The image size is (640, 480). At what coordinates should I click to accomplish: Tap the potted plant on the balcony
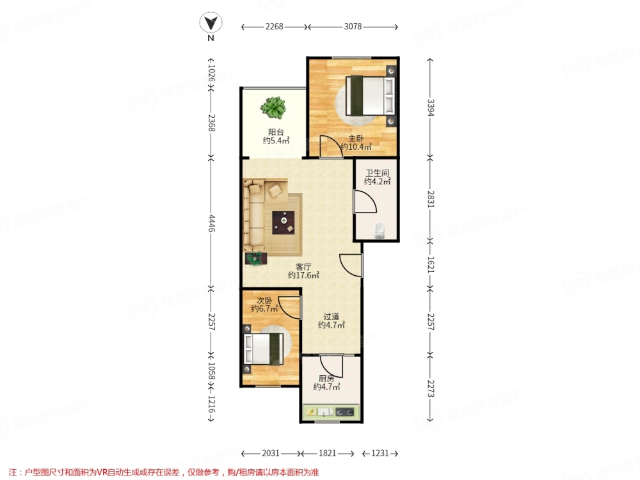tap(273, 108)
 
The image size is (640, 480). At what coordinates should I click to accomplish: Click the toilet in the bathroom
tap(380, 230)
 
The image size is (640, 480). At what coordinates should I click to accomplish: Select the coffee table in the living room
tap(284, 223)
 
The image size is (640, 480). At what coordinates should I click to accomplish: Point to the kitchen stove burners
tap(344, 412)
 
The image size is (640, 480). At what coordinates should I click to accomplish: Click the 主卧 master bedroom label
tap(355, 138)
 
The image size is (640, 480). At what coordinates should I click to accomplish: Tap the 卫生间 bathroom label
tap(377, 173)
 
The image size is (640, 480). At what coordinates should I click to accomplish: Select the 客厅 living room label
tap(303, 266)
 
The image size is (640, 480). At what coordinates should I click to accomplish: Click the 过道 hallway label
tap(331, 316)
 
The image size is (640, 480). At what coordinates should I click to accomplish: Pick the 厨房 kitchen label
tap(326, 378)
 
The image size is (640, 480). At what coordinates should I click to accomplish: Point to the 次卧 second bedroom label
tap(264, 300)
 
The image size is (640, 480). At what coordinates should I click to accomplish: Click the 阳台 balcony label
tap(276, 132)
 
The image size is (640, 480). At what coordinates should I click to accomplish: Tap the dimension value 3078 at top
tap(353, 26)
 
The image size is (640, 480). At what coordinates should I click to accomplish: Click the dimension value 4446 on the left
tap(211, 223)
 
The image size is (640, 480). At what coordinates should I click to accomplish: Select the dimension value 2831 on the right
tap(431, 199)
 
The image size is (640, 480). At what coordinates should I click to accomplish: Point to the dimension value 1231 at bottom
tap(380, 453)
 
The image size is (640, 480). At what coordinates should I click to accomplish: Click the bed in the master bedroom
tap(371, 96)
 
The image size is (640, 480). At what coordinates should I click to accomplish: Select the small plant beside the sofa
tap(256, 259)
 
